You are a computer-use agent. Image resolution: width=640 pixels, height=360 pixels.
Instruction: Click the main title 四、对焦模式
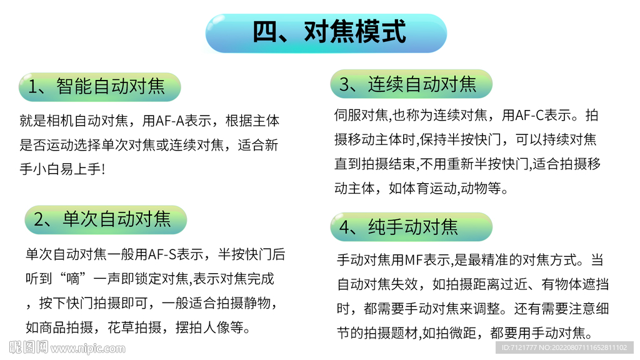pyautogui.click(x=329, y=32)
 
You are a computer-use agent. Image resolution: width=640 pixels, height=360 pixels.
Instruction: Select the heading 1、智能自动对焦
pyautogui.click(x=96, y=86)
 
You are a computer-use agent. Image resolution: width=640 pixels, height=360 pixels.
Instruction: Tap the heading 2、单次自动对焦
pyautogui.click(x=102, y=219)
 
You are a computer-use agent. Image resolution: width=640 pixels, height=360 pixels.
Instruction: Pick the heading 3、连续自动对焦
pyautogui.click(x=407, y=84)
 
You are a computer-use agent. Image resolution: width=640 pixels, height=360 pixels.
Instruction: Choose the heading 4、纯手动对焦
pyautogui.click(x=399, y=227)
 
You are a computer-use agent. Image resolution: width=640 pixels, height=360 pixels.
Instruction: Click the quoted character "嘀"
pyautogui.click(x=73, y=279)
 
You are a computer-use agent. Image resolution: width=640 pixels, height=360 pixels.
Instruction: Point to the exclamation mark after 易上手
pyautogui.click(x=103, y=169)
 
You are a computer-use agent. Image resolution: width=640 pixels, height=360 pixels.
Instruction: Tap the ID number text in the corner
pyautogui.click(x=564, y=347)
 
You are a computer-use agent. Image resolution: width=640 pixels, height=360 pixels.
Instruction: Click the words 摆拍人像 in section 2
pyautogui.click(x=202, y=327)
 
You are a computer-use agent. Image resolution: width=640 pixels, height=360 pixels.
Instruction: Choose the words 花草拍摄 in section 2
pyautogui.click(x=134, y=327)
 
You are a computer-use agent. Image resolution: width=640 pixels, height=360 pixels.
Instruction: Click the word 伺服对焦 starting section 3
pyautogui.click(x=361, y=116)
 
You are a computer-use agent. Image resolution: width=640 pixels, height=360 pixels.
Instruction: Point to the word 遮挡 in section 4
pyautogui.click(x=596, y=284)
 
